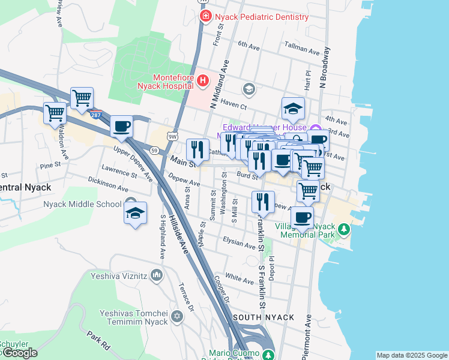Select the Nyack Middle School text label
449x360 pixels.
tap(82, 204)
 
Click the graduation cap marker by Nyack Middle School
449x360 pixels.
tap(135, 213)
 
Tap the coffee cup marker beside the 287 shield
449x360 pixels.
tap(122, 127)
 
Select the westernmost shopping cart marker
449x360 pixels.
tap(55, 112)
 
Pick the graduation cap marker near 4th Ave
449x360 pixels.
tap(293, 109)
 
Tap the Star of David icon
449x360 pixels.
tap(176, 316)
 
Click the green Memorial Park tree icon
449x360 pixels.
tap(343, 229)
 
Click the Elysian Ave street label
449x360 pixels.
tap(240, 243)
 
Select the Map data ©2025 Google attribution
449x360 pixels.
tap(412, 355)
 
